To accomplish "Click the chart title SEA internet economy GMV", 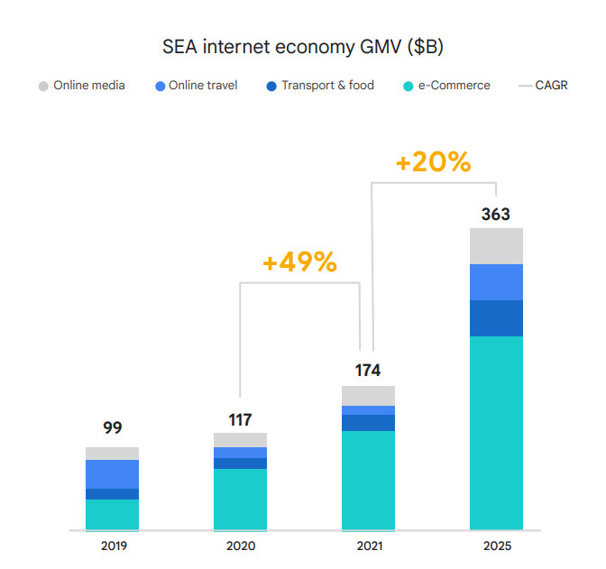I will coord(302,45).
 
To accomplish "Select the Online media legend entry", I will coord(82,86).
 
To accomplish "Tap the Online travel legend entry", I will coord(197,86).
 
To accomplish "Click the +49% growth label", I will coord(299,262).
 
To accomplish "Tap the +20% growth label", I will coord(433,162).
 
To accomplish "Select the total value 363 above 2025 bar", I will coord(496,215).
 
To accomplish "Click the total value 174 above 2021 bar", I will coord(368,370).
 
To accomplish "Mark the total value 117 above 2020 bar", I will coord(240,419).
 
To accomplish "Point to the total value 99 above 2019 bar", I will coord(112,428).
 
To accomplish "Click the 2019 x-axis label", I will coord(113,546).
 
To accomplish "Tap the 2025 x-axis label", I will coord(496,546).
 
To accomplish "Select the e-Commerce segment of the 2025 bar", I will coord(496,433).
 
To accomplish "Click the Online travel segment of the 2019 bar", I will coord(113,474).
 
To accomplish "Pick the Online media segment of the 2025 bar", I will coord(496,246).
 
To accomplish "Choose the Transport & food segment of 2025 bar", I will coord(496,318).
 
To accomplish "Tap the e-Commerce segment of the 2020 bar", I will coord(240,499).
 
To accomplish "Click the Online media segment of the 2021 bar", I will coord(368,396).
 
